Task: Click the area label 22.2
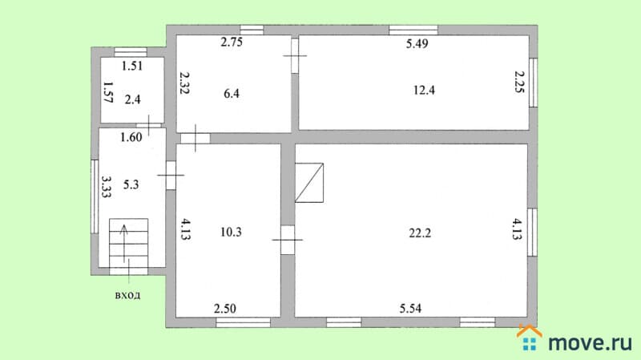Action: pos(420,233)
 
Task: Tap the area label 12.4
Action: pos(424,90)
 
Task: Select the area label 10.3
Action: pos(231,233)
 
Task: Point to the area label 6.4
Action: pos(232,94)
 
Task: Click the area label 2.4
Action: pos(132,99)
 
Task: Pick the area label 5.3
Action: pos(131,185)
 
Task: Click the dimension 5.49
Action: pos(417,44)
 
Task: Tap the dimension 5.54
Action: pos(410,309)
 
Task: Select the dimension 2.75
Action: pos(232,42)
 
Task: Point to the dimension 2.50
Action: pos(225,309)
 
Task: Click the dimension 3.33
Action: pos(107,187)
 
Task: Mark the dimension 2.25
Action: pos(518,82)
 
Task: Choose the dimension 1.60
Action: pos(131,137)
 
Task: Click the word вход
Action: pos(127,295)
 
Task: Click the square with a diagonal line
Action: pos(309,183)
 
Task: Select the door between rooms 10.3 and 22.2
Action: pos(288,240)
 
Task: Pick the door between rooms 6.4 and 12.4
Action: pos(295,55)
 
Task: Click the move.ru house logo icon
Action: pos(530,338)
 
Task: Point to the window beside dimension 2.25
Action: pos(533,83)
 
